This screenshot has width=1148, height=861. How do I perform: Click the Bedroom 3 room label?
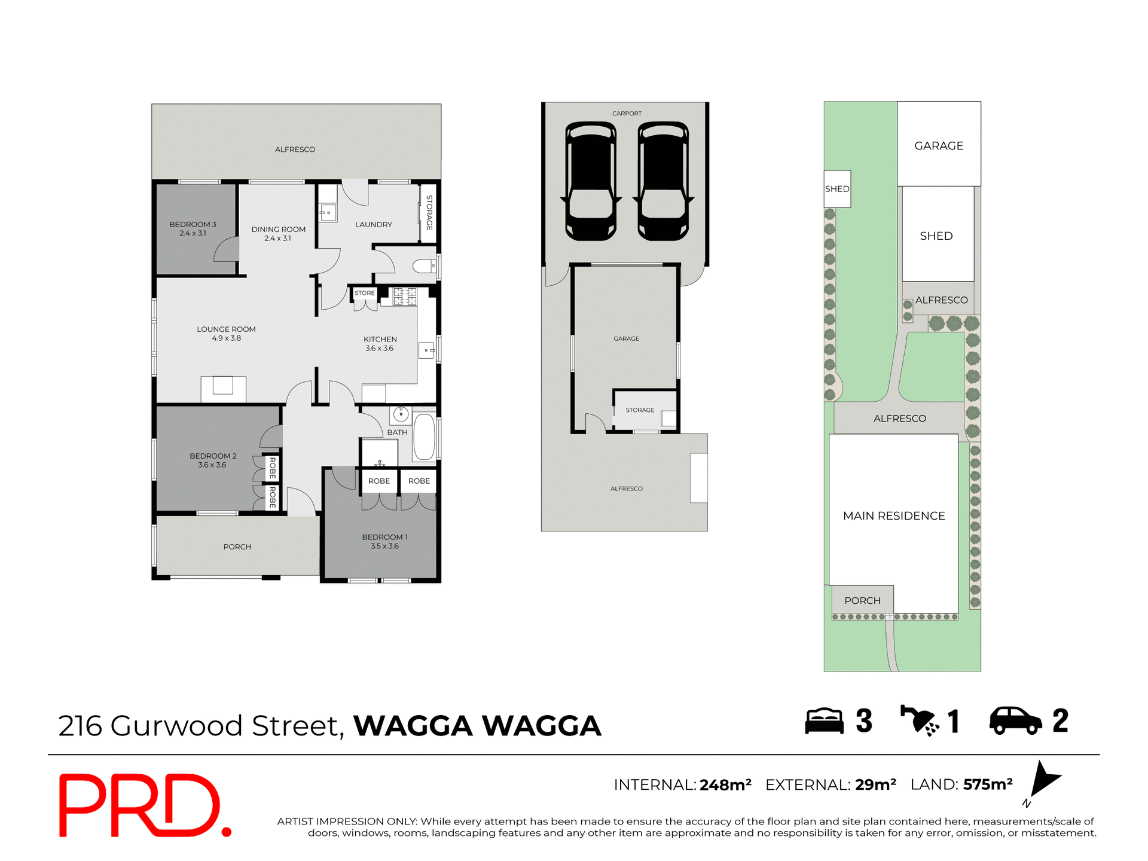(193, 224)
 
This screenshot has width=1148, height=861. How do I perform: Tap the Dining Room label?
(278, 230)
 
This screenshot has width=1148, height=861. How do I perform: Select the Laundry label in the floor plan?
(374, 225)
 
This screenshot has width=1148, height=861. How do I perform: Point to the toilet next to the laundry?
(425, 267)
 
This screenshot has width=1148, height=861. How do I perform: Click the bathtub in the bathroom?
(424, 437)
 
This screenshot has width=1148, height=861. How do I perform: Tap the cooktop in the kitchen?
(405, 296)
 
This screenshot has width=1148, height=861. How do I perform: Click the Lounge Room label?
(226, 329)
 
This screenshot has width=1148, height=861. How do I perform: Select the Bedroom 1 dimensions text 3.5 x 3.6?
(384, 546)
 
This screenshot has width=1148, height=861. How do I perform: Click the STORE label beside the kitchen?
(365, 293)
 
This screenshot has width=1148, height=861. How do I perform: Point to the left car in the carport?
(591, 181)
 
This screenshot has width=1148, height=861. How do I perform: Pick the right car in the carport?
(663, 181)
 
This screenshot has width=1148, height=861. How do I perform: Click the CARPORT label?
(627, 114)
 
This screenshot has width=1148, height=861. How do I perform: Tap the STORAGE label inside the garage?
(640, 410)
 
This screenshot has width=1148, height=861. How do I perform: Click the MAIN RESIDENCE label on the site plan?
(894, 516)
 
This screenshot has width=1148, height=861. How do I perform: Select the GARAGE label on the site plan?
(939, 146)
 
